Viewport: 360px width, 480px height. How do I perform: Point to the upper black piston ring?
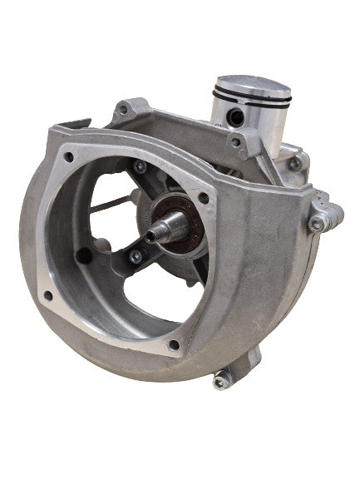tap(252, 101)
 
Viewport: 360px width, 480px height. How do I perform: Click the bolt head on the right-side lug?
tap(317, 223)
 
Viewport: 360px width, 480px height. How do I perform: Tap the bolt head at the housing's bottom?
tap(220, 382)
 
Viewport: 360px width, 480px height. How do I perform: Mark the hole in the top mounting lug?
tap(123, 109)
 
